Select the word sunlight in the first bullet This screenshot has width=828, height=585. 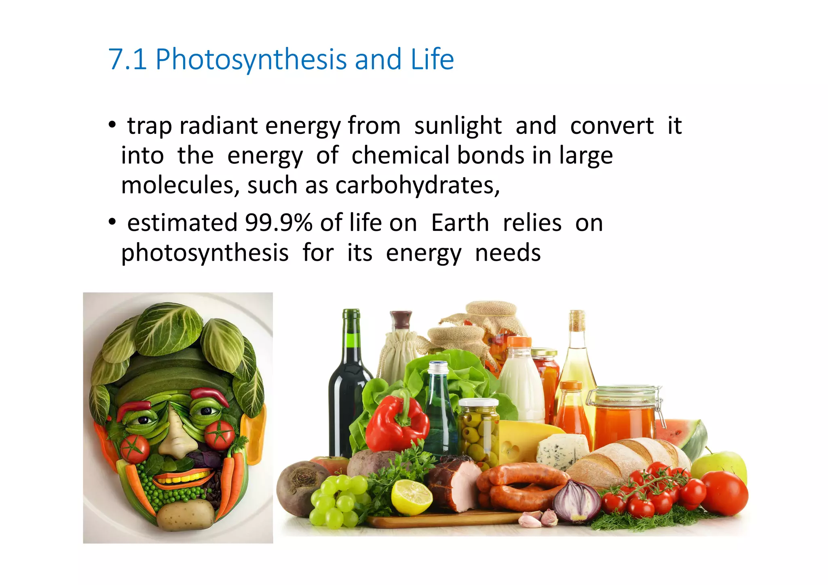[458, 126]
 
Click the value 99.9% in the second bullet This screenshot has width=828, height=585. [279, 223]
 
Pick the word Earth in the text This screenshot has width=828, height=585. [460, 223]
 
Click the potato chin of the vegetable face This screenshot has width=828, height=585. [185, 515]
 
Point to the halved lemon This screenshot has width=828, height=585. [411, 496]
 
